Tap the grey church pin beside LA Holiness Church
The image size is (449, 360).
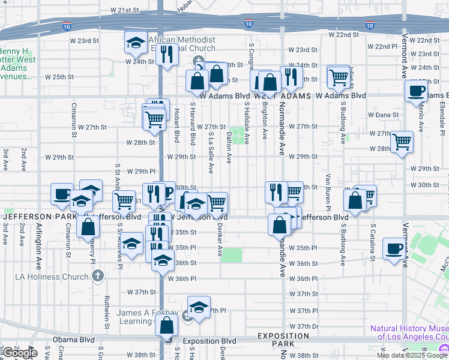98,277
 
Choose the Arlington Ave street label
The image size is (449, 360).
40,243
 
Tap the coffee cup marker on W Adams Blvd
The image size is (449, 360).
416,91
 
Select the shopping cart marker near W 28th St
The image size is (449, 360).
402,142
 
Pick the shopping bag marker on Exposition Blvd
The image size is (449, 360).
166,326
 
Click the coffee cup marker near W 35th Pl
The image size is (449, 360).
394,248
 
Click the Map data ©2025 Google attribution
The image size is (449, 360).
411,355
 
